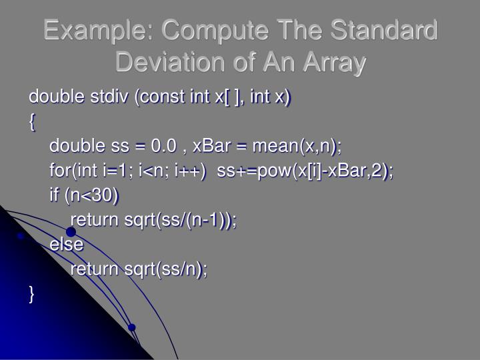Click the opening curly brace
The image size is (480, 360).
coord(32,122)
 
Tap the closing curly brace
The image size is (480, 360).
coord(32,293)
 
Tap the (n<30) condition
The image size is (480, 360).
coord(93,195)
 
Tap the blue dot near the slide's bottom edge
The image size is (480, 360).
coord(132,327)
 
